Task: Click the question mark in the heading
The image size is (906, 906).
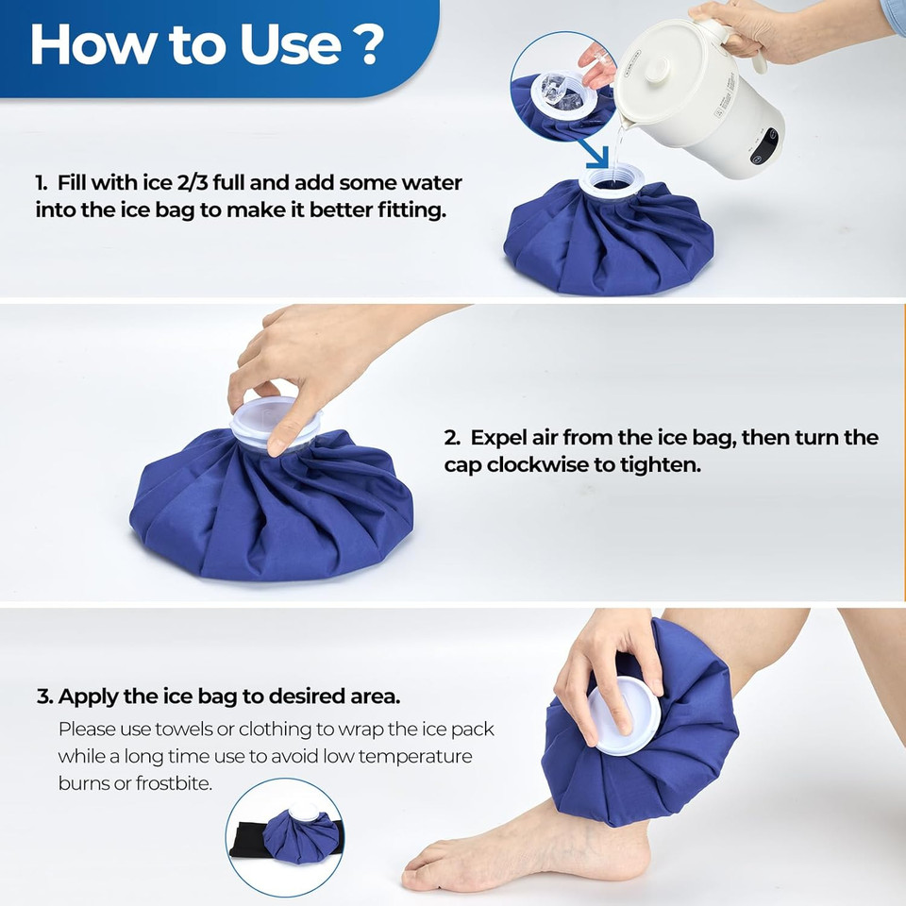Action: click(x=370, y=45)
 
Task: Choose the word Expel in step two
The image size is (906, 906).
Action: click(x=496, y=438)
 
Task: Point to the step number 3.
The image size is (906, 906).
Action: click(x=43, y=697)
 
